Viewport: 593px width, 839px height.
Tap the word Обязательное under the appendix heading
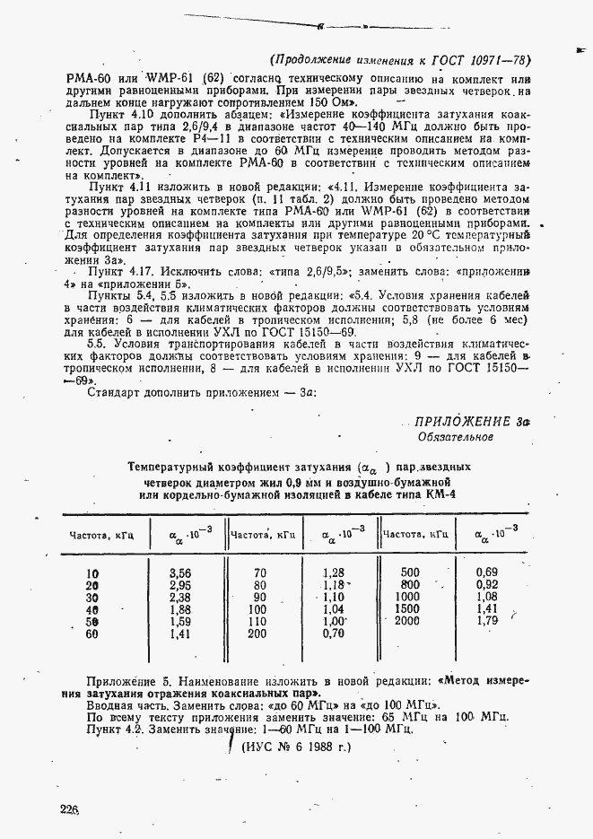(456, 437)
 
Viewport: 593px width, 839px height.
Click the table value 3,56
(181, 572)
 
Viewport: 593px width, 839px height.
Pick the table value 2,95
(181, 585)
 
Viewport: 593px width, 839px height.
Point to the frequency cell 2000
(406, 621)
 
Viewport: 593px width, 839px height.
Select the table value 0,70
(334, 634)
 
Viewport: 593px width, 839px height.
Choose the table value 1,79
(487, 621)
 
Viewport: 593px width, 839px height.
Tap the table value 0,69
(487, 572)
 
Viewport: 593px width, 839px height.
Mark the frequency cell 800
(409, 584)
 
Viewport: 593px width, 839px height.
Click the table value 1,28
(334, 572)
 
